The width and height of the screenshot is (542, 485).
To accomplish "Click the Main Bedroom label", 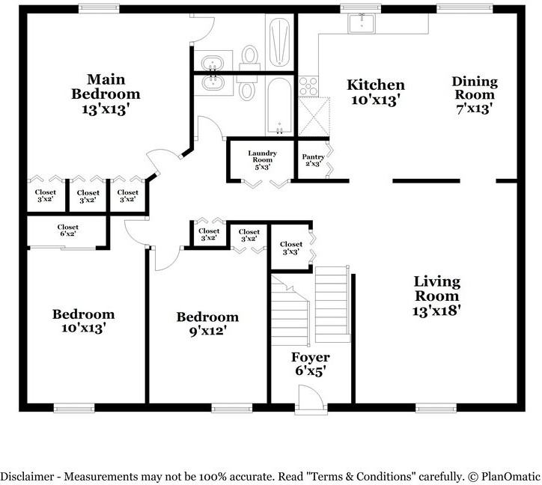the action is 106,94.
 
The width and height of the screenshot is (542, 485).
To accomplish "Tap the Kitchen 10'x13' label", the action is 376,92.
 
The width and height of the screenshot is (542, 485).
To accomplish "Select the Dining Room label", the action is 475,95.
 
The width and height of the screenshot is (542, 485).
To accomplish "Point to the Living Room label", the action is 437,296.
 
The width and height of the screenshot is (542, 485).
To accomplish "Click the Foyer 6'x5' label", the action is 310,364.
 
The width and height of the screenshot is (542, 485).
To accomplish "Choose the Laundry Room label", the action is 262,159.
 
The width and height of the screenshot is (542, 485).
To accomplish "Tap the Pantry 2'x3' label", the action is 313,160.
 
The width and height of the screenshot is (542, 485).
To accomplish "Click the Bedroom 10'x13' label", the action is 83,321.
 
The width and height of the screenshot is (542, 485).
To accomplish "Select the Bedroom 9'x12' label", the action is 207,324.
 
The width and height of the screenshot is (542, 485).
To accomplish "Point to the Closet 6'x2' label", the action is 67,231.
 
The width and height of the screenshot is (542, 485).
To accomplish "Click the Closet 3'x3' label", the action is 291,248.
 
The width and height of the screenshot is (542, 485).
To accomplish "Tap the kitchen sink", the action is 362,23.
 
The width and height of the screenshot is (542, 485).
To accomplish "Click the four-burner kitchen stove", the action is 308,86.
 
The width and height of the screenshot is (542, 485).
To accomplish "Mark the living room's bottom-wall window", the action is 436,408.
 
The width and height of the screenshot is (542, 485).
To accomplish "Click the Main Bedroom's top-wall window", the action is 99,9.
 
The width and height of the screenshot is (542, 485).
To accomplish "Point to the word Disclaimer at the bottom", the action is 27,477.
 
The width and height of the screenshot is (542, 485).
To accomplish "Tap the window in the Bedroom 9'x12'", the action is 232,408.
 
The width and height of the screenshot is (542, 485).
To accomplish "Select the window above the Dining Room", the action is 465,9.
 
